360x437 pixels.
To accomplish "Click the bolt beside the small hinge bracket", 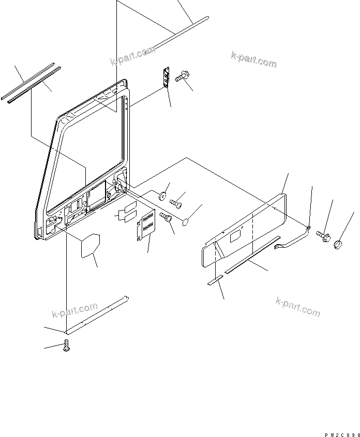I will (181, 77).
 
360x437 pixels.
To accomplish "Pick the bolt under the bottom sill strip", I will (66, 345).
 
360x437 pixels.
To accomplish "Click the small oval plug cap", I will (187, 222).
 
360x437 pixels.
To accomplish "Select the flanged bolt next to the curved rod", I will (323, 236).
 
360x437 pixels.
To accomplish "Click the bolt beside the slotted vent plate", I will (166, 218).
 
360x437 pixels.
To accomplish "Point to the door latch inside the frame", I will (117, 187).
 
